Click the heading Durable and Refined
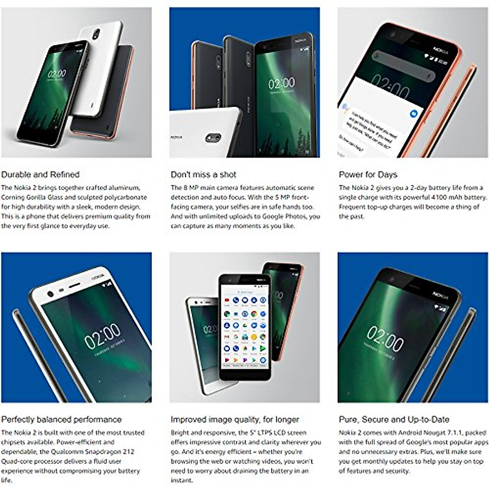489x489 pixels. pyautogui.click(x=40, y=175)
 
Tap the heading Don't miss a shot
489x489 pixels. pyautogui.click(x=203, y=175)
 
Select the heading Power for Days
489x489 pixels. pyautogui.click(x=368, y=175)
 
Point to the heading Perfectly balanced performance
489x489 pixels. pyautogui.click(x=62, y=419)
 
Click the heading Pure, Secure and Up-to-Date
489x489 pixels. pyautogui.click(x=394, y=419)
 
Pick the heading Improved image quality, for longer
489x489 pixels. pyautogui.click(x=235, y=419)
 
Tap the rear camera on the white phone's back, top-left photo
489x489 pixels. pyautogui.click(x=97, y=33)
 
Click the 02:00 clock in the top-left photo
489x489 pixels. pyautogui.click(x=56, y=74)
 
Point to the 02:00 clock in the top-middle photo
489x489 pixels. pyautogui.click(x=281, y=84)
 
